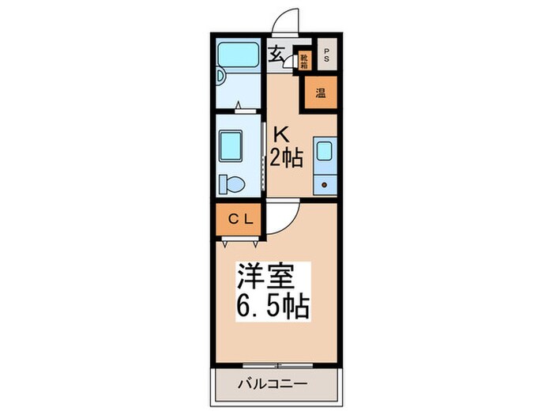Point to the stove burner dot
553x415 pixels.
tap(323, 184)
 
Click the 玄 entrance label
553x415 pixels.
tap(276, 55)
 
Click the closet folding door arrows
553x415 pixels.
tap(240, 236)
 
